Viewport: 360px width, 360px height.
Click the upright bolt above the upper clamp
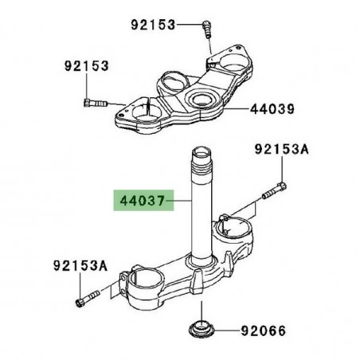206,29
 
